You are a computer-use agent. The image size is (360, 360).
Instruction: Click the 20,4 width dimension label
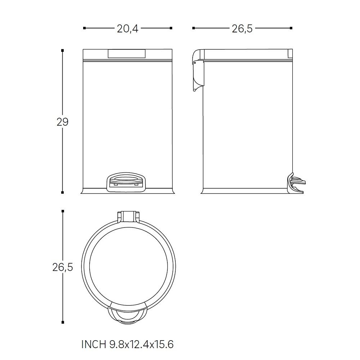pos(128,29)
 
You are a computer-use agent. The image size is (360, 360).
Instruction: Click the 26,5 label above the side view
pos(242,29)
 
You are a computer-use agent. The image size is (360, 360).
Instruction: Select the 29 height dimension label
pos(62,122)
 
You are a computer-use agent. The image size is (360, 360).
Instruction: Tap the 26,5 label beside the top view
pos(63,267)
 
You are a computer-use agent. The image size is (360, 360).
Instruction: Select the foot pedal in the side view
pos(296,183)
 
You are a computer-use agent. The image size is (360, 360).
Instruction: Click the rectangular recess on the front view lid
pos(126,54)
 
